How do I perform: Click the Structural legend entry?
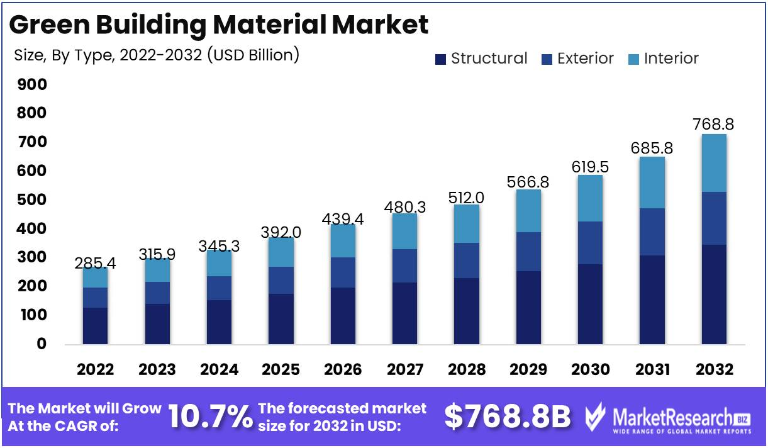(481, 59)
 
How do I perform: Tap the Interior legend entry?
(663, 59)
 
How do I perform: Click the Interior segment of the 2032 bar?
(714, 163)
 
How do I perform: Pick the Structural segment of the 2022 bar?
(95, 325)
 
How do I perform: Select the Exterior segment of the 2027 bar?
(404, 266)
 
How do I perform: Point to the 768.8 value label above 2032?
(714, 125)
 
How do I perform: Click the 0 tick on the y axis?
(42, 344)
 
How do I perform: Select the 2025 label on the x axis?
(281, 369)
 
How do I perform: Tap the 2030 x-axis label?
(591, 369)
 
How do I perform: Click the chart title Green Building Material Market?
(219, 25)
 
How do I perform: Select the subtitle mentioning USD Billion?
(157, 55)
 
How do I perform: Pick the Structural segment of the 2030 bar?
(591, 304)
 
